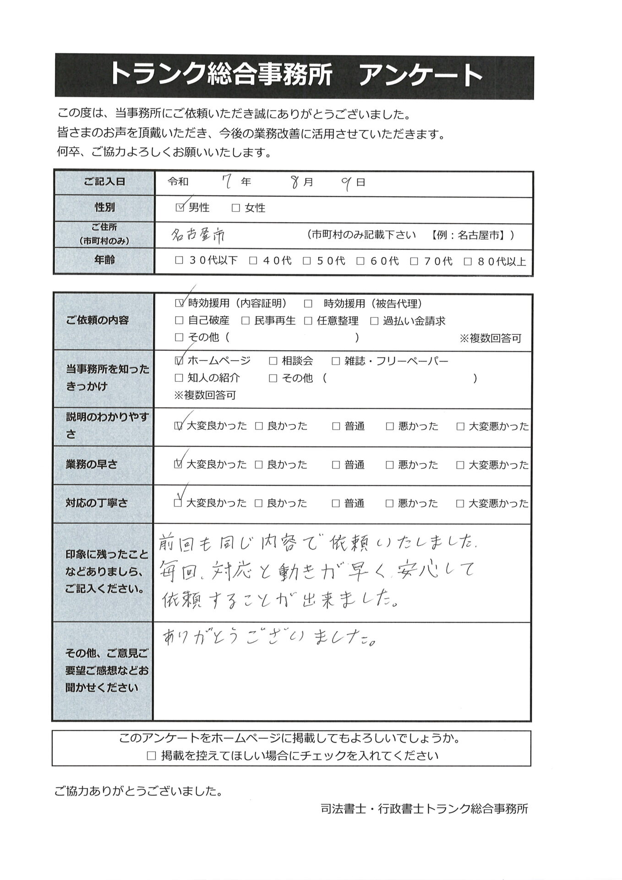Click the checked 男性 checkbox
180,208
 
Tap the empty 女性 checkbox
236,208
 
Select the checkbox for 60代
360,261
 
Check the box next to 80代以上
468,261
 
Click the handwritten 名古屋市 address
197,236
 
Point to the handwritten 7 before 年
225,183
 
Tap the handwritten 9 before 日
347,183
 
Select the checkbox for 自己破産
179,321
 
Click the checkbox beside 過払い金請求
374,321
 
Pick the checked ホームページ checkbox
179,361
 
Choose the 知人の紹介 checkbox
179,378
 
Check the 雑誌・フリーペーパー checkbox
336,361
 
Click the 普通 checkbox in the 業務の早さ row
336,465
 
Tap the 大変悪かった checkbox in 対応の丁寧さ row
460,503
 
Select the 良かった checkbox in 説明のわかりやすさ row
259,426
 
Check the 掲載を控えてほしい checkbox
151,756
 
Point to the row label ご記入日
104,182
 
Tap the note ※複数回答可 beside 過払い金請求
490,339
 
